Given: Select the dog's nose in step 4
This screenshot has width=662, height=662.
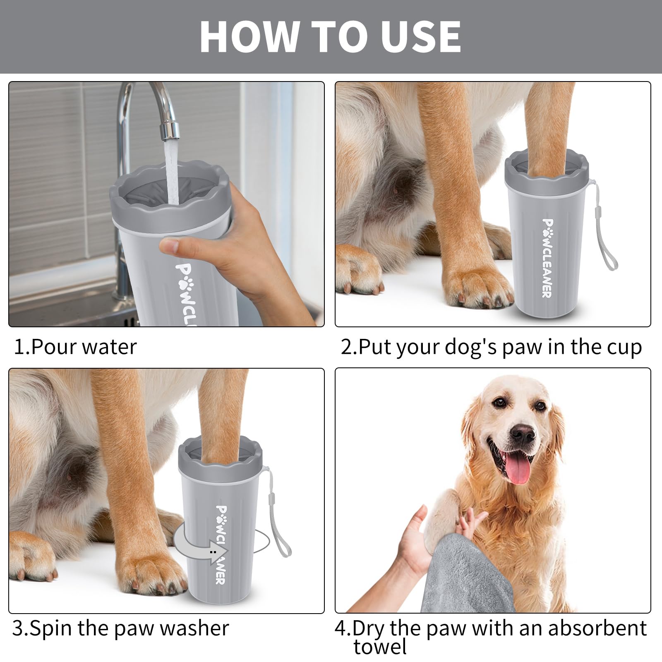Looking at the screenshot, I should point(522,432).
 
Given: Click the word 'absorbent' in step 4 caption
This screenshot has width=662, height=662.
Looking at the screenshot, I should point(597,628).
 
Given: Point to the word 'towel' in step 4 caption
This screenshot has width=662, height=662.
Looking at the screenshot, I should point(380,647).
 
